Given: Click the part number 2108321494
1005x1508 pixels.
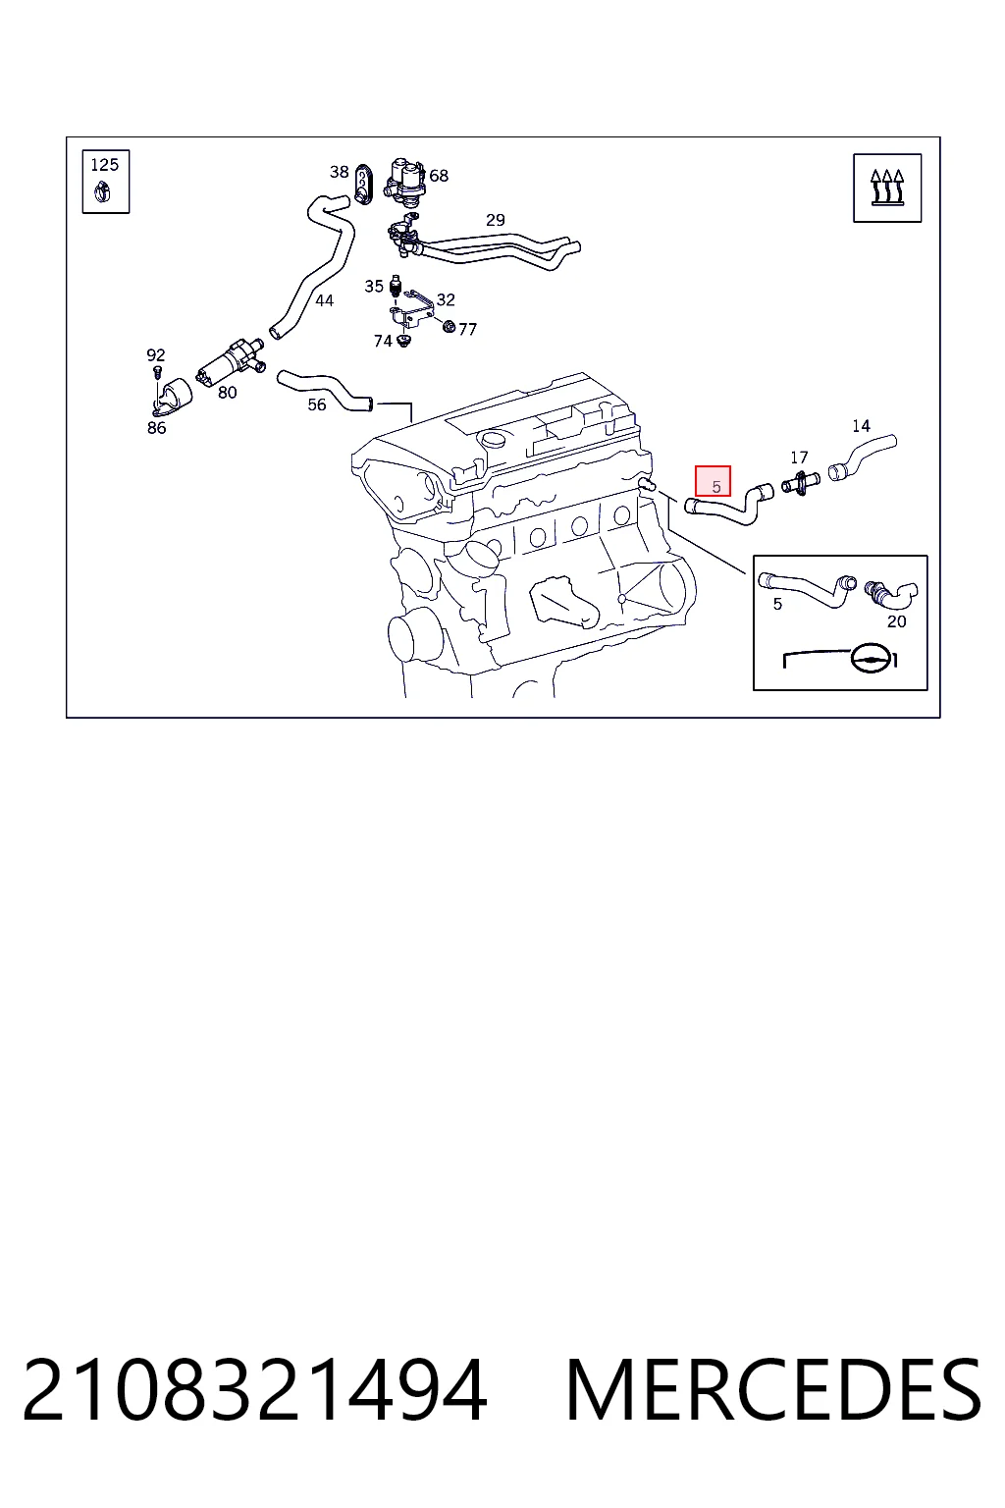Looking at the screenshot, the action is point(254,1389).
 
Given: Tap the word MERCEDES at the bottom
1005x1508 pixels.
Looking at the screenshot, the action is point(773,1389).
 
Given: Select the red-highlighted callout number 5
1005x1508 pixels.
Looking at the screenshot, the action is point(713,481).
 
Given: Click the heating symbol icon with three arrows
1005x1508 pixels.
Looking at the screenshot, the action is point(887,188).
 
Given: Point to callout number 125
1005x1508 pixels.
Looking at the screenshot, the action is point(104,165).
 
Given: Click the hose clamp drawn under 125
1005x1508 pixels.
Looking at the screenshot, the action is point(103,193).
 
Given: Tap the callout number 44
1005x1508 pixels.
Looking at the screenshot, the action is point(325,300).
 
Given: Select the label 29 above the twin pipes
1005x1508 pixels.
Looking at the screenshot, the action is point(496,220).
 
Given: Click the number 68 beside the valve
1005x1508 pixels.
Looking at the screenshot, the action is point(439,176).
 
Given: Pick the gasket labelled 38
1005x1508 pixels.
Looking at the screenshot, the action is point(363,184).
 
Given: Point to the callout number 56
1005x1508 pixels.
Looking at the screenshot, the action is point(317,404).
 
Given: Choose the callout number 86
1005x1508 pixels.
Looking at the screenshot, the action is point(157,427).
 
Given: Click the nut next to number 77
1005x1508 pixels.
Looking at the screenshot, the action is point(449,327).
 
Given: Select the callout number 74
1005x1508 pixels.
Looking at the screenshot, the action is point(383,342).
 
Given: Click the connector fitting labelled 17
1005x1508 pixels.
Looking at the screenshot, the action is point(800,483).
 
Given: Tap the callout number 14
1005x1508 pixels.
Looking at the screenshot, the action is point(861,426).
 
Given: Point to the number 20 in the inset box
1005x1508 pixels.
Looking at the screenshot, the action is point(897,621).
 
